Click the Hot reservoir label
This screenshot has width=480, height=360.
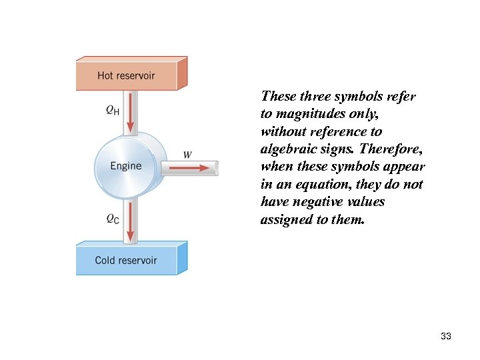click(x=126, y=75)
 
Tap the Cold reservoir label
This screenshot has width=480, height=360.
click(x=125, y=260)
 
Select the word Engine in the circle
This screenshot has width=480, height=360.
click(x=126, y=165)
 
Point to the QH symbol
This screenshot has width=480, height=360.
click(x=113, y=111)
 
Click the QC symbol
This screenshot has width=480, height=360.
click(x=113, y=219)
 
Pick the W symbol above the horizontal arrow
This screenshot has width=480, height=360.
click(x=187, y=155)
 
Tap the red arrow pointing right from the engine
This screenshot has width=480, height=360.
click(x=194, y=168)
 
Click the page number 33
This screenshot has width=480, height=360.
click(x=446, y=336)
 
